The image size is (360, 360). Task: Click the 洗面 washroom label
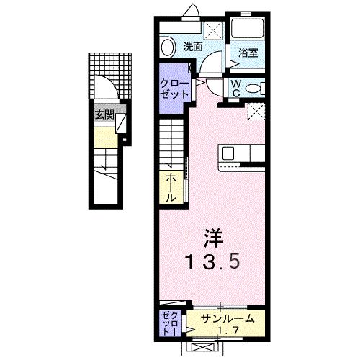(192, 47)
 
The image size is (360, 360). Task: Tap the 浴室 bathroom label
(247, 52)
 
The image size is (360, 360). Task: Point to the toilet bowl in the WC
(253, 88)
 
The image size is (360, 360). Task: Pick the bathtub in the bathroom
(247, 28)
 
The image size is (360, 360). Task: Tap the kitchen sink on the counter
(228, 153)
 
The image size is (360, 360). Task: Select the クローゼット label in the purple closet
(174, 90)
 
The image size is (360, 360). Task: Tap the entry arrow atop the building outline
(191, 9)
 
